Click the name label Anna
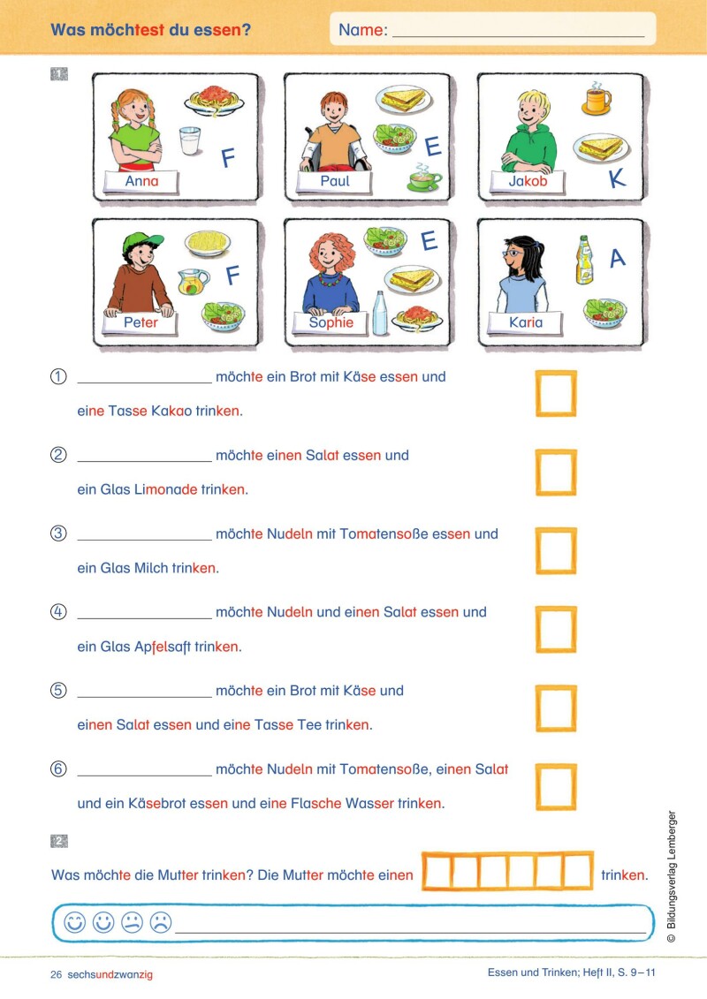tap(141, 182)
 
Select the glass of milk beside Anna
tap(190, 140)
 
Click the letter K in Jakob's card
tap(616, 178)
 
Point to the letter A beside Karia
tap(617, 258)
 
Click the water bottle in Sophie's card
tap(379, 313)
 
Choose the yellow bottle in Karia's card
tap(584, 261)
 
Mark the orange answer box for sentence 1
tap(556, 394)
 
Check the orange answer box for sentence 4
tap(556, 630)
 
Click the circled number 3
tap(59, 534)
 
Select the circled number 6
tap(59, 769)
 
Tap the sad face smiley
tap(160, 923)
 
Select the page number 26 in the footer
tap(57, 974)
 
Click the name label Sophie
tap(331, 323)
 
